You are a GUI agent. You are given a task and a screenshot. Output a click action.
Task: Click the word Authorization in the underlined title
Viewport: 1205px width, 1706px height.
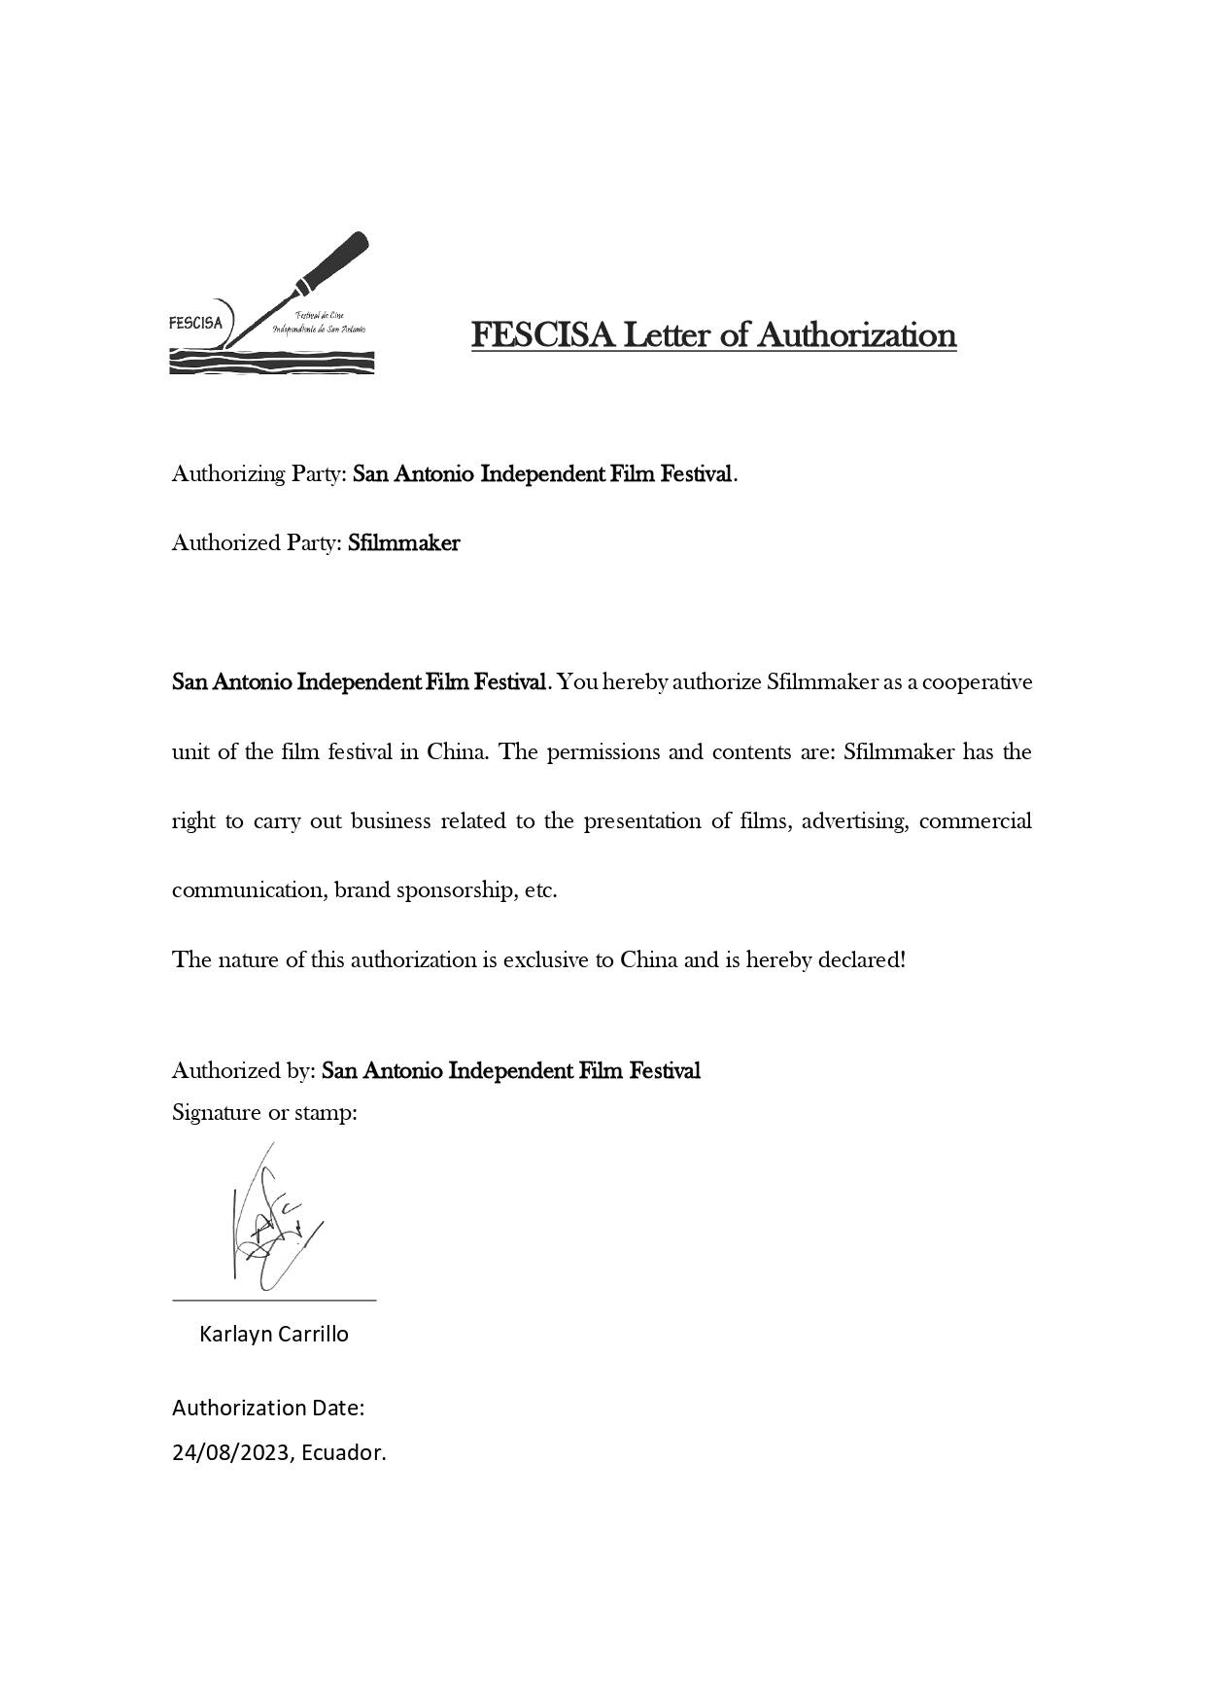click(x=856, y=334)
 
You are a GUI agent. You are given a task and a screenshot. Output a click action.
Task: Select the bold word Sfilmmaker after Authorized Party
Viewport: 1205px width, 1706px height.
click(x=403, y=542)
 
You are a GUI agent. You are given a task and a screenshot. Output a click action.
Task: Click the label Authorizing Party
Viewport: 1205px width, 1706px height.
click(x=258, y=474)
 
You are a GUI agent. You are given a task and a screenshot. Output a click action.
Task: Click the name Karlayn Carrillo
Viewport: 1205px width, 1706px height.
click(x=274, y=1334)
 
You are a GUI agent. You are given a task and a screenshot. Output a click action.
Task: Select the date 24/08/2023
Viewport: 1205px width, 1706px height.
click(x=230, y=1452)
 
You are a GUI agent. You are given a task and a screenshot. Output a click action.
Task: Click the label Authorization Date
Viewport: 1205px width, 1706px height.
click(x=268, y=1408)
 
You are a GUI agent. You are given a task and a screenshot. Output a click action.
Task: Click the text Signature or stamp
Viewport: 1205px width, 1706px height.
click(x=264, y=1112)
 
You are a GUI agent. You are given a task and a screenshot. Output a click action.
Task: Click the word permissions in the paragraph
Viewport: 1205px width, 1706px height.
click(x=604, y=752)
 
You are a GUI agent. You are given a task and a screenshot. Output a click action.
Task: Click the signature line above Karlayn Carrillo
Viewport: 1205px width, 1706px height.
click(x=274, y=1299)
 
